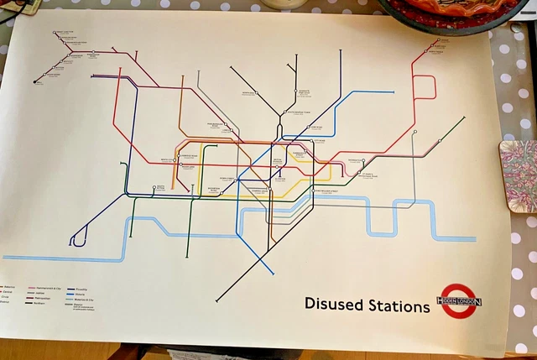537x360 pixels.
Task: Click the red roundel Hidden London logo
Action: (x=458, y=300)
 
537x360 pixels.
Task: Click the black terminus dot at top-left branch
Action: (x=36, y=81)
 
